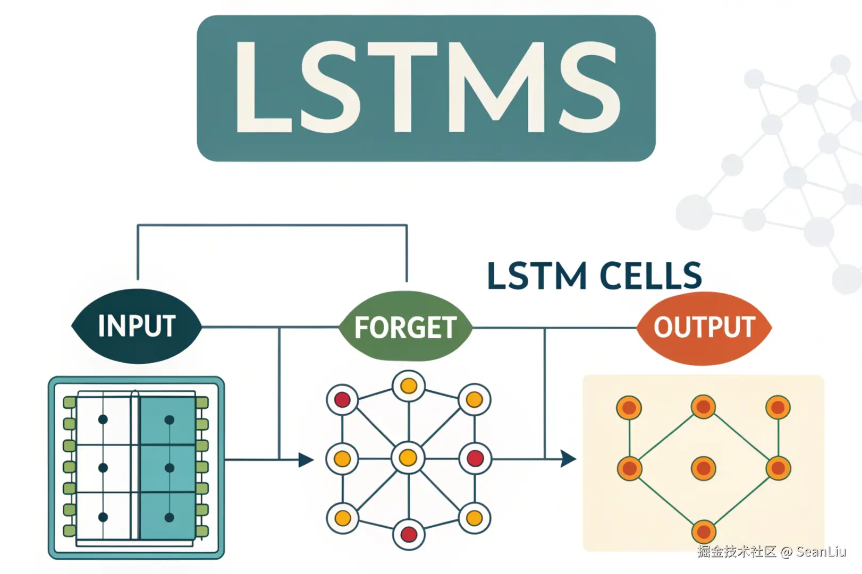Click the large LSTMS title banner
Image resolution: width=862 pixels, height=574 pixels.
[x=426, y=88]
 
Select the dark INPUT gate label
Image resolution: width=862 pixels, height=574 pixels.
[x=137, y=326]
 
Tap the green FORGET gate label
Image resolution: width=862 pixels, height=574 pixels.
[x=405, y=327]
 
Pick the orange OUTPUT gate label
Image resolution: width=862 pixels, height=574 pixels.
[x=704, y=327]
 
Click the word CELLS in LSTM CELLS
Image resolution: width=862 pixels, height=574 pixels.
[x=650, y=276]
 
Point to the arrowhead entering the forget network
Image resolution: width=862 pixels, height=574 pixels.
[x=306, y=459]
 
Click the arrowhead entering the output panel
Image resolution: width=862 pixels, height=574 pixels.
[x=568, y=458]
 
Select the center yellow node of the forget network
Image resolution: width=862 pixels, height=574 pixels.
[x=408, y=457]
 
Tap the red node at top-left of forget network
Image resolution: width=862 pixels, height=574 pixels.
[x=342, y=400]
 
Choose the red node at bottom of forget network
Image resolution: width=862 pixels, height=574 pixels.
[x=408, y=534]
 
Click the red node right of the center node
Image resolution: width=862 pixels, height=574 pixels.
[x=475, y=458]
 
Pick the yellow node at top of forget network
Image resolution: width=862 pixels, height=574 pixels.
[x=408, y=386]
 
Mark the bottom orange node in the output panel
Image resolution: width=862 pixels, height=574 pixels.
[x=704, y=532]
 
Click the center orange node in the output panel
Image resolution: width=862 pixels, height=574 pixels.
[x=704, y=468]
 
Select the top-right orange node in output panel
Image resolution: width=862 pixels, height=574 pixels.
[x=778, y=408]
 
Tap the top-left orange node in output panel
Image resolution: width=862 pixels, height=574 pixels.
[x=629, y=408]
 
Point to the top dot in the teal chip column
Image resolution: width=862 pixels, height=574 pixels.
[x=170, y=420]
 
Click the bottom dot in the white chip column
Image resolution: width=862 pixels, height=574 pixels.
[x=103, y=517]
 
